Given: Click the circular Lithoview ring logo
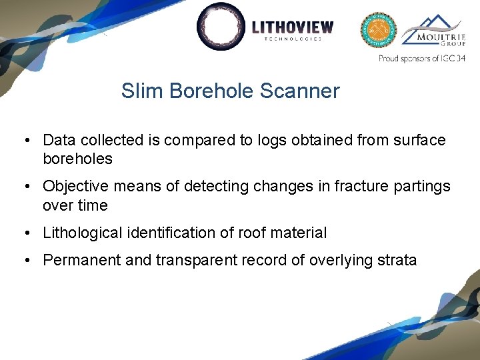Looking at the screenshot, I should [x=222, y=27].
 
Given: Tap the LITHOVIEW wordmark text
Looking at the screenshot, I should [x=293, y=27].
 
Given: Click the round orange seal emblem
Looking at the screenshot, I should [x=378, y=30].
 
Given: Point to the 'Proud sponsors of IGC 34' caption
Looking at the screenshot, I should [x=421, y=59].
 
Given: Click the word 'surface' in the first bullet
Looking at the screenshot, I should [x=421, y=140].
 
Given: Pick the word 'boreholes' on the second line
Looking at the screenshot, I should [x=77, y=159].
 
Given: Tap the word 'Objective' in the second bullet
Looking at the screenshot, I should [x=75, y=187].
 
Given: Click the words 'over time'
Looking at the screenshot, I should [x=75, y=205].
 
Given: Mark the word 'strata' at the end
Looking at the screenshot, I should [x=398, y=260].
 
